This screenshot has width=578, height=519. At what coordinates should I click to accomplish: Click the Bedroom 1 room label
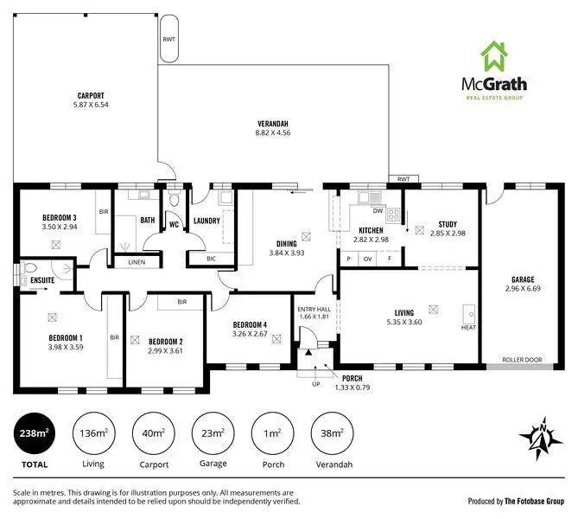coord(66,337)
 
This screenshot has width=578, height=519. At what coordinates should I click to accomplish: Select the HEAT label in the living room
coord(469,328)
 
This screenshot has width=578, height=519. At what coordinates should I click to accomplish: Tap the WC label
coord(173,225)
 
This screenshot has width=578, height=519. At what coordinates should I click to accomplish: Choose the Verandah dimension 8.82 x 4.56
coord(272,133)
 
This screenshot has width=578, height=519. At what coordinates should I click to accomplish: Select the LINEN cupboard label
coord(137,262)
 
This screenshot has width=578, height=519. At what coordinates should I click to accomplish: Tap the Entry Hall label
coord(314,309)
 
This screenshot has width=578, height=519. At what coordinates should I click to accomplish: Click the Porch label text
coord(352,377)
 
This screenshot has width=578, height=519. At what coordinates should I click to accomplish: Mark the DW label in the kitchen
coord(378,211)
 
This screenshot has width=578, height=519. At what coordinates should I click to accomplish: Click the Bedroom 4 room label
coord(250,325)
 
